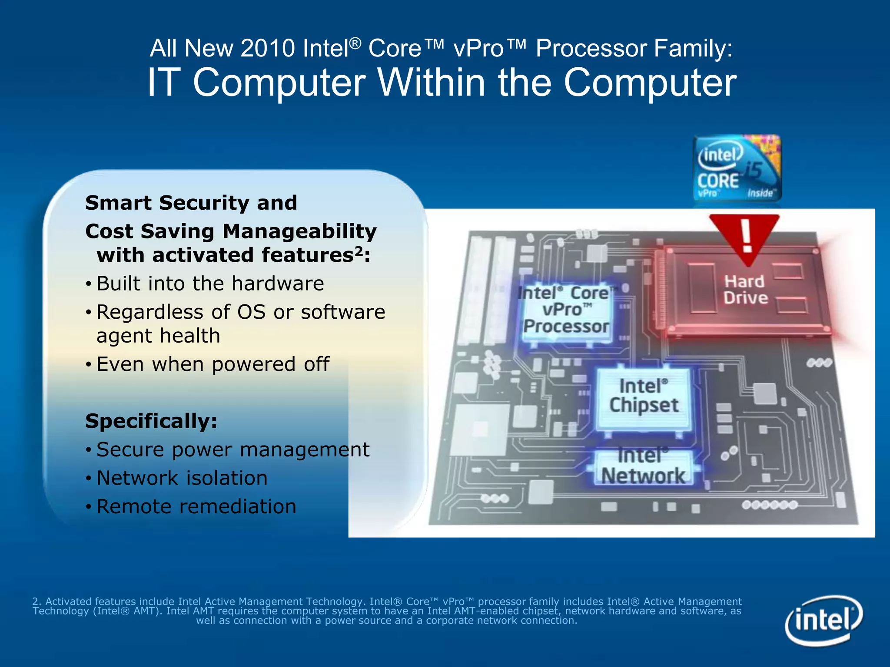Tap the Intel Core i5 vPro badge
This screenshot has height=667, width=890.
click(x=737, y=168)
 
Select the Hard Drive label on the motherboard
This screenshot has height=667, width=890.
click(x=745, y=290)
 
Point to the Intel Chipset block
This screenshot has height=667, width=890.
click(x=644, y=396)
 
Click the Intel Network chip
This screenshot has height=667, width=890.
click(x=643, y=467)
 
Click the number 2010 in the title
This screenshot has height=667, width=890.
click(x=268, y=48)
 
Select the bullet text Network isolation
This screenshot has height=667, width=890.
click(x=182, y=478)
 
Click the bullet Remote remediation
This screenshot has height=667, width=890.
click(x=196, y=507)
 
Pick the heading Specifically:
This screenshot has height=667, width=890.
click(x=151, y=421)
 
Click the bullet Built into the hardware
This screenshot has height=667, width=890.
click(x=210, y=284)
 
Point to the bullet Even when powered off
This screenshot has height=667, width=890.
click(x=213, y=364)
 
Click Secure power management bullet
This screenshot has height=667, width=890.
click(x=232, y=450)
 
